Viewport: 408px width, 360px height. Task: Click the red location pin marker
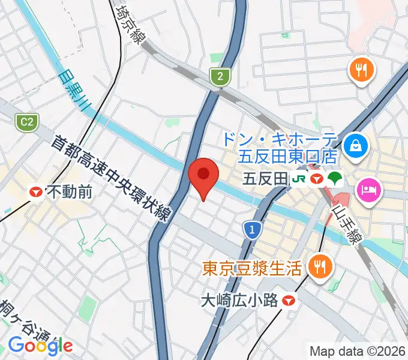(203, 175)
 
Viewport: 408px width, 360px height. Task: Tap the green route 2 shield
(220, 76)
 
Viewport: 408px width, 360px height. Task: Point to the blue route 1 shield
(253, 229)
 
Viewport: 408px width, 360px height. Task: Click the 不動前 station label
(69, 192)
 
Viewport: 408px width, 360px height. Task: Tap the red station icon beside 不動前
(37, 192)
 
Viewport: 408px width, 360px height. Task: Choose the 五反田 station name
(266, 179)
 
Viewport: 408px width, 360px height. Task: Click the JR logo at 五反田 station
(298, 179)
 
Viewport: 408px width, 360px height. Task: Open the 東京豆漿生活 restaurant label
(251, 267)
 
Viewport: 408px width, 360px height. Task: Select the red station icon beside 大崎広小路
(290, 299)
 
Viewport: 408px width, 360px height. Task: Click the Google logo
(40, 345)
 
